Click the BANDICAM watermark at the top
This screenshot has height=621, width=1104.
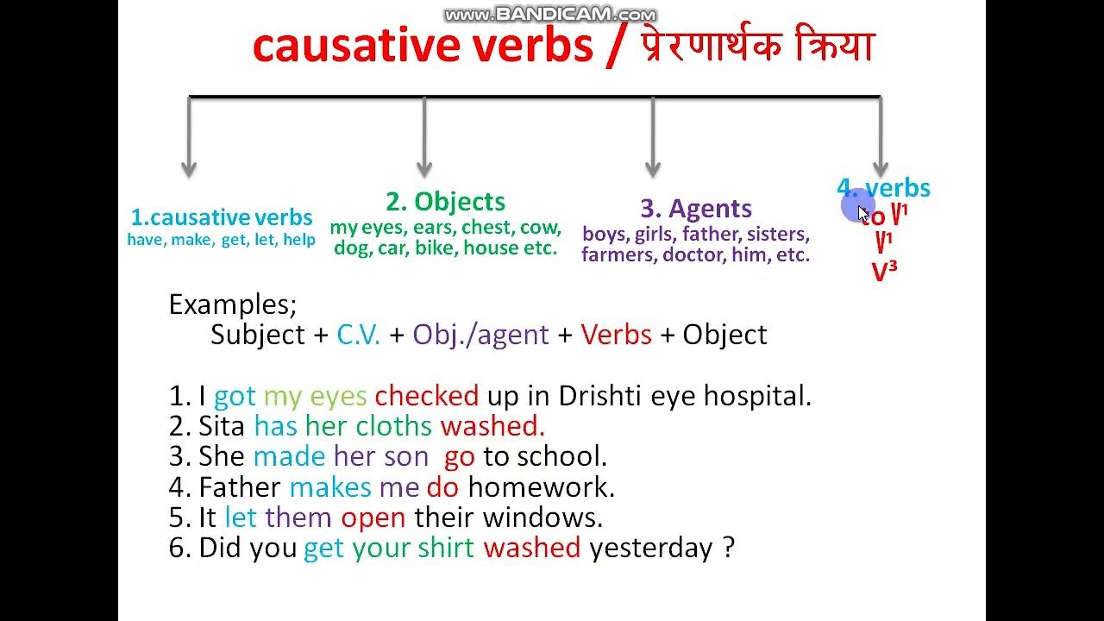[x=550, y=15]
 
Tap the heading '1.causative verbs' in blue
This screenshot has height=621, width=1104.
[x=222, y=217]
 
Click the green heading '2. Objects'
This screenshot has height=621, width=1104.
[x=445, y=202]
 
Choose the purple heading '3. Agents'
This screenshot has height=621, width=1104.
[x=696, y=209]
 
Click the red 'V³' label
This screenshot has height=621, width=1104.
[x=884, y=272]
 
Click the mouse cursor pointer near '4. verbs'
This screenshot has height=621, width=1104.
[x=863, y=213]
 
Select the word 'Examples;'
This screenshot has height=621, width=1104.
[x=233, y=304]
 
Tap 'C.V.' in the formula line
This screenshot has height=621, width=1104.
[x=359, y=335]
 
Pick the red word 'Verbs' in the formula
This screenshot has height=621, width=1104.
[x=616, y=335]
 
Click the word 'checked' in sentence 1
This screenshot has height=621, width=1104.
[x=426, y=396]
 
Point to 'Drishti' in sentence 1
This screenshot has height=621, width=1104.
[x=601, y=396]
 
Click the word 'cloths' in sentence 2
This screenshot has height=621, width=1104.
[x=393, y=426]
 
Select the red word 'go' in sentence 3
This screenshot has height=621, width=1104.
[x=460, y=457]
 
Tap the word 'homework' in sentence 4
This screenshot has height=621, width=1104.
[x=541, y=487]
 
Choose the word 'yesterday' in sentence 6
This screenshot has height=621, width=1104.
[x=652, y=549]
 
